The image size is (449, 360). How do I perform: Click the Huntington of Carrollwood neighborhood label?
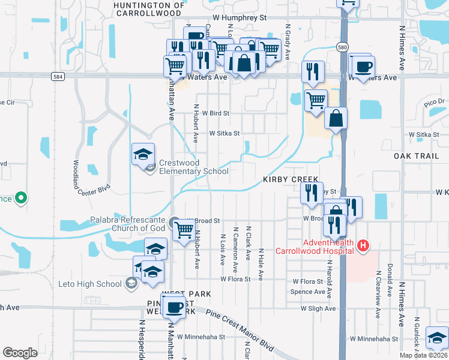(148, 9)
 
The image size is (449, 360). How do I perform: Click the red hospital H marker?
(362, 245)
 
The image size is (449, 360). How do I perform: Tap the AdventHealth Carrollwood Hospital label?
(314, 247)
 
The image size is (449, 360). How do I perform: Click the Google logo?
(20, 353)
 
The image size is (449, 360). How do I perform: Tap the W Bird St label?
(216, 113)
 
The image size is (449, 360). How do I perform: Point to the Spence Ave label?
(308, 292)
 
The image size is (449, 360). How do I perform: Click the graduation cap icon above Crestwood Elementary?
(143, 155)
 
